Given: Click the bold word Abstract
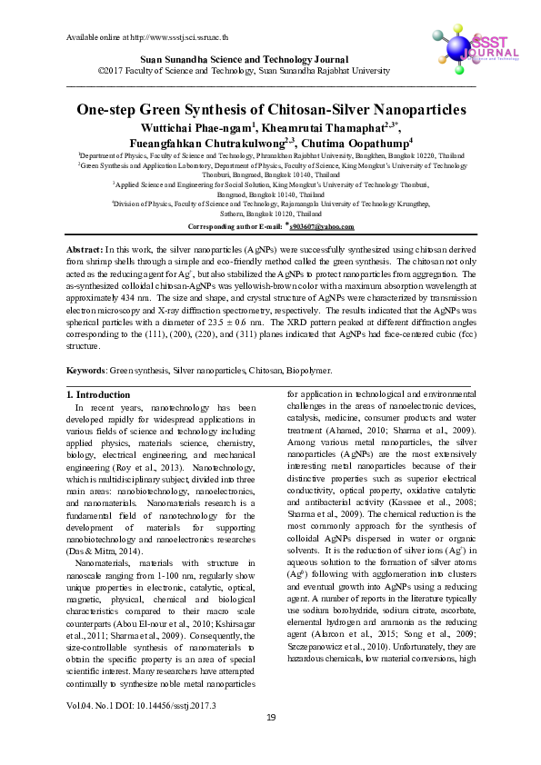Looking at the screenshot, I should coord(85,249).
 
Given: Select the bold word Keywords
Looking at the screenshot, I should coord(88,371).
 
